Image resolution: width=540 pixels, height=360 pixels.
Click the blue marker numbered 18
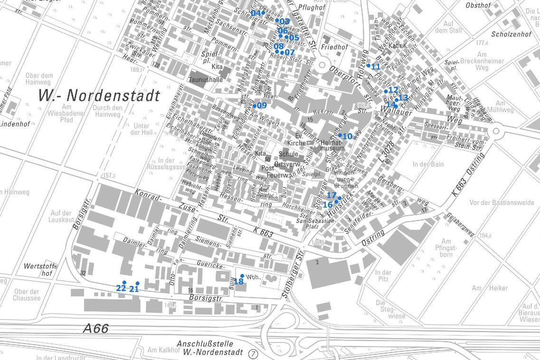(242, 276)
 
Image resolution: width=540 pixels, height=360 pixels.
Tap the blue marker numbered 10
(340, 135)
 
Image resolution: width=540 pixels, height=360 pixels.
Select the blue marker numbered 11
(369, 66)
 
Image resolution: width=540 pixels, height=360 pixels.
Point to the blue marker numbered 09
(255, 105)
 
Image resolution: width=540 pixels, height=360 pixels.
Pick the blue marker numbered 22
(124, 283)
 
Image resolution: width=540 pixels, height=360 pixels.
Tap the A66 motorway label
(95, 328)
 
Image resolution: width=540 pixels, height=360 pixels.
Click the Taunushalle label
(206, 80)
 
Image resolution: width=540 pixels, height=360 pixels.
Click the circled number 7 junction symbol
(253, 353)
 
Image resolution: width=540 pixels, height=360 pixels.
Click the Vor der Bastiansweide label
(502, 202)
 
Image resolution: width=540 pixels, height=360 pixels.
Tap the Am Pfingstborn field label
(446, 247)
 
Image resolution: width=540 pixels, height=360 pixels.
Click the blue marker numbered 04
(263, 12)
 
